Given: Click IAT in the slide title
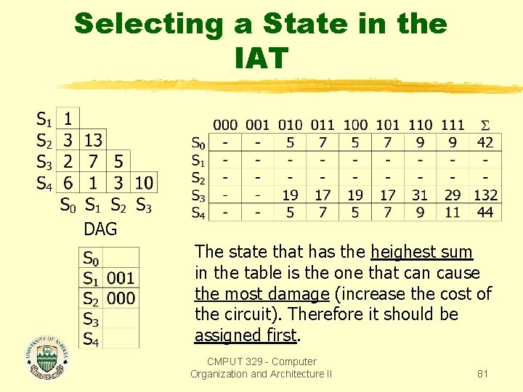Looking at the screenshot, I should (261, 58).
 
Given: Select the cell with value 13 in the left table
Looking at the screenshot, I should (93, 139).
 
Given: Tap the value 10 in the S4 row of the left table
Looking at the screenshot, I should (144, 183).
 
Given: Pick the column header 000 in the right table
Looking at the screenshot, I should (225, 125).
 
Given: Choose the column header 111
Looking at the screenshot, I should (452, 125).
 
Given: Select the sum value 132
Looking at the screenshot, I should (485, 195).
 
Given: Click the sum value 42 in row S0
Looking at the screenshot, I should (485, 142).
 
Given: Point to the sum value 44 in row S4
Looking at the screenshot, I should (485, 212).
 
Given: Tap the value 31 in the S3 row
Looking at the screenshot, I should (419, 195).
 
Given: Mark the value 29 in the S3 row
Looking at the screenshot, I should (452, 195).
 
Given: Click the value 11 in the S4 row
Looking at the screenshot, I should (452, 212).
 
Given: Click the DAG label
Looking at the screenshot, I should (100, 229).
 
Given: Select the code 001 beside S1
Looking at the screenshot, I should (121, 278).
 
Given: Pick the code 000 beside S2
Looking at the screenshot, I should (121, 298).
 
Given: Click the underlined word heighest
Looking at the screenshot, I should (421, 252).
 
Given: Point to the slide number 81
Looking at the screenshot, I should (482, 374).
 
